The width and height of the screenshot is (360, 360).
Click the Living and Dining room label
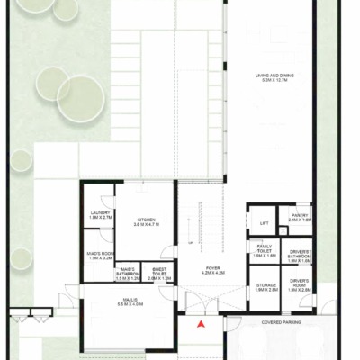[274, 75]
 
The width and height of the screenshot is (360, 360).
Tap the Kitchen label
[147, 220]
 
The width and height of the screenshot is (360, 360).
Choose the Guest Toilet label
[158, 271]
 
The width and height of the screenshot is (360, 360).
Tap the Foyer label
[211, 268]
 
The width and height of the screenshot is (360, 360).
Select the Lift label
[264, 223]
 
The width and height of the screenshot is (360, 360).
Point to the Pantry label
[299, 214]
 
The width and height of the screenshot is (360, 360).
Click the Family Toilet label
[265, 247]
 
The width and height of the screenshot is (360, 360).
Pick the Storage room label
[265, 284]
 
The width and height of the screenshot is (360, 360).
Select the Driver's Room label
[300, 283]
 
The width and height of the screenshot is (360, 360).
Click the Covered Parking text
[281, 320]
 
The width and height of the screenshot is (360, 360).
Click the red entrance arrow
[203, 322]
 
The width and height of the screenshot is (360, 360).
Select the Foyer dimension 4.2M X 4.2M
[211, 273]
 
